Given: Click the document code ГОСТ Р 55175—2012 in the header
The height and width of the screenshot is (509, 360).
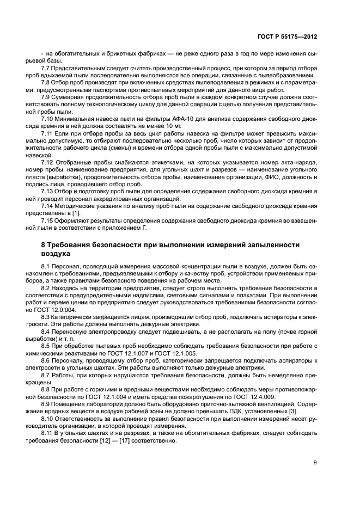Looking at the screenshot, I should (287, 36).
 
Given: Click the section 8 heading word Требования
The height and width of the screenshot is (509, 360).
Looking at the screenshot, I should (73, 246).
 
